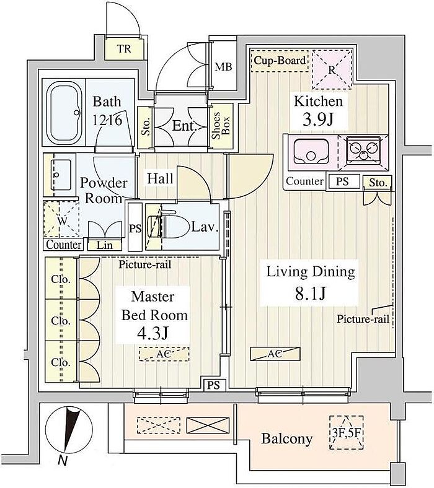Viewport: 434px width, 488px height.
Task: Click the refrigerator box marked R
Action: (x=332, y=70)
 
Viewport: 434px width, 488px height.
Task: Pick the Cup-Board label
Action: (x=280, y=61)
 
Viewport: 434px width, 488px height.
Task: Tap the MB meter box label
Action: (x=223, y=67)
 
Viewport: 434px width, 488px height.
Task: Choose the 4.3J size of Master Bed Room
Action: (x=154, y=334)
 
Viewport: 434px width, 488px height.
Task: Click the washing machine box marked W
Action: (x=61, y=220)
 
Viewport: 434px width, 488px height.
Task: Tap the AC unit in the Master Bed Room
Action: (x=164, y=354)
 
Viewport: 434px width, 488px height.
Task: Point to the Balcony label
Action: (x=286, y=439)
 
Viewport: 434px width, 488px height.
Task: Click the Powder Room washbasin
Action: (x=60, y=174)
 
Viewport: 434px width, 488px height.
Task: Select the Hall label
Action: (x=160, y=178)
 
